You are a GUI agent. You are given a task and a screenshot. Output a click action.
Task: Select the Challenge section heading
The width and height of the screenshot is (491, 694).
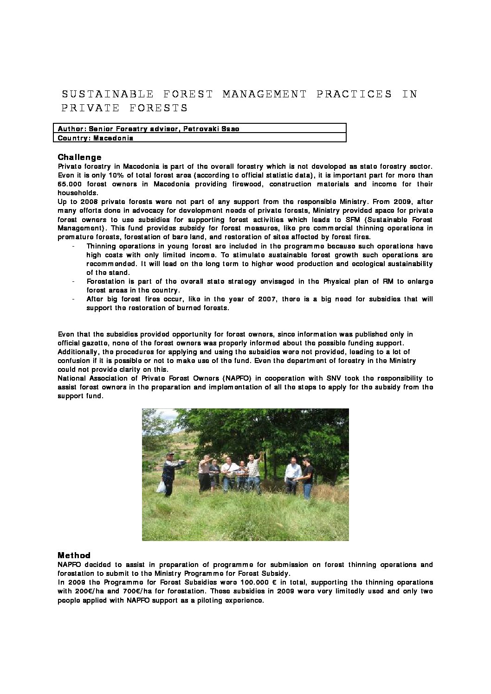(79, 157)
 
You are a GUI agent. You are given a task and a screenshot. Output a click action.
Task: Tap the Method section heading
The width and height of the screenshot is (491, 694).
(74, 555)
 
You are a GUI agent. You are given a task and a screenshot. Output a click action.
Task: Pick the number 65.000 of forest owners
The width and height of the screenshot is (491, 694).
(70, 184)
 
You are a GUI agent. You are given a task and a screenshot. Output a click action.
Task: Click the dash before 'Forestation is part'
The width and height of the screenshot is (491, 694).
(74, 281)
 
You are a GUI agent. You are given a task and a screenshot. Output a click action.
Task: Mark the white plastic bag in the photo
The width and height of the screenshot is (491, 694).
(161, 486)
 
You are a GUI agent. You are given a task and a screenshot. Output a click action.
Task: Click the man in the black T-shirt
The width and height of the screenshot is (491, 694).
(307, 478)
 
